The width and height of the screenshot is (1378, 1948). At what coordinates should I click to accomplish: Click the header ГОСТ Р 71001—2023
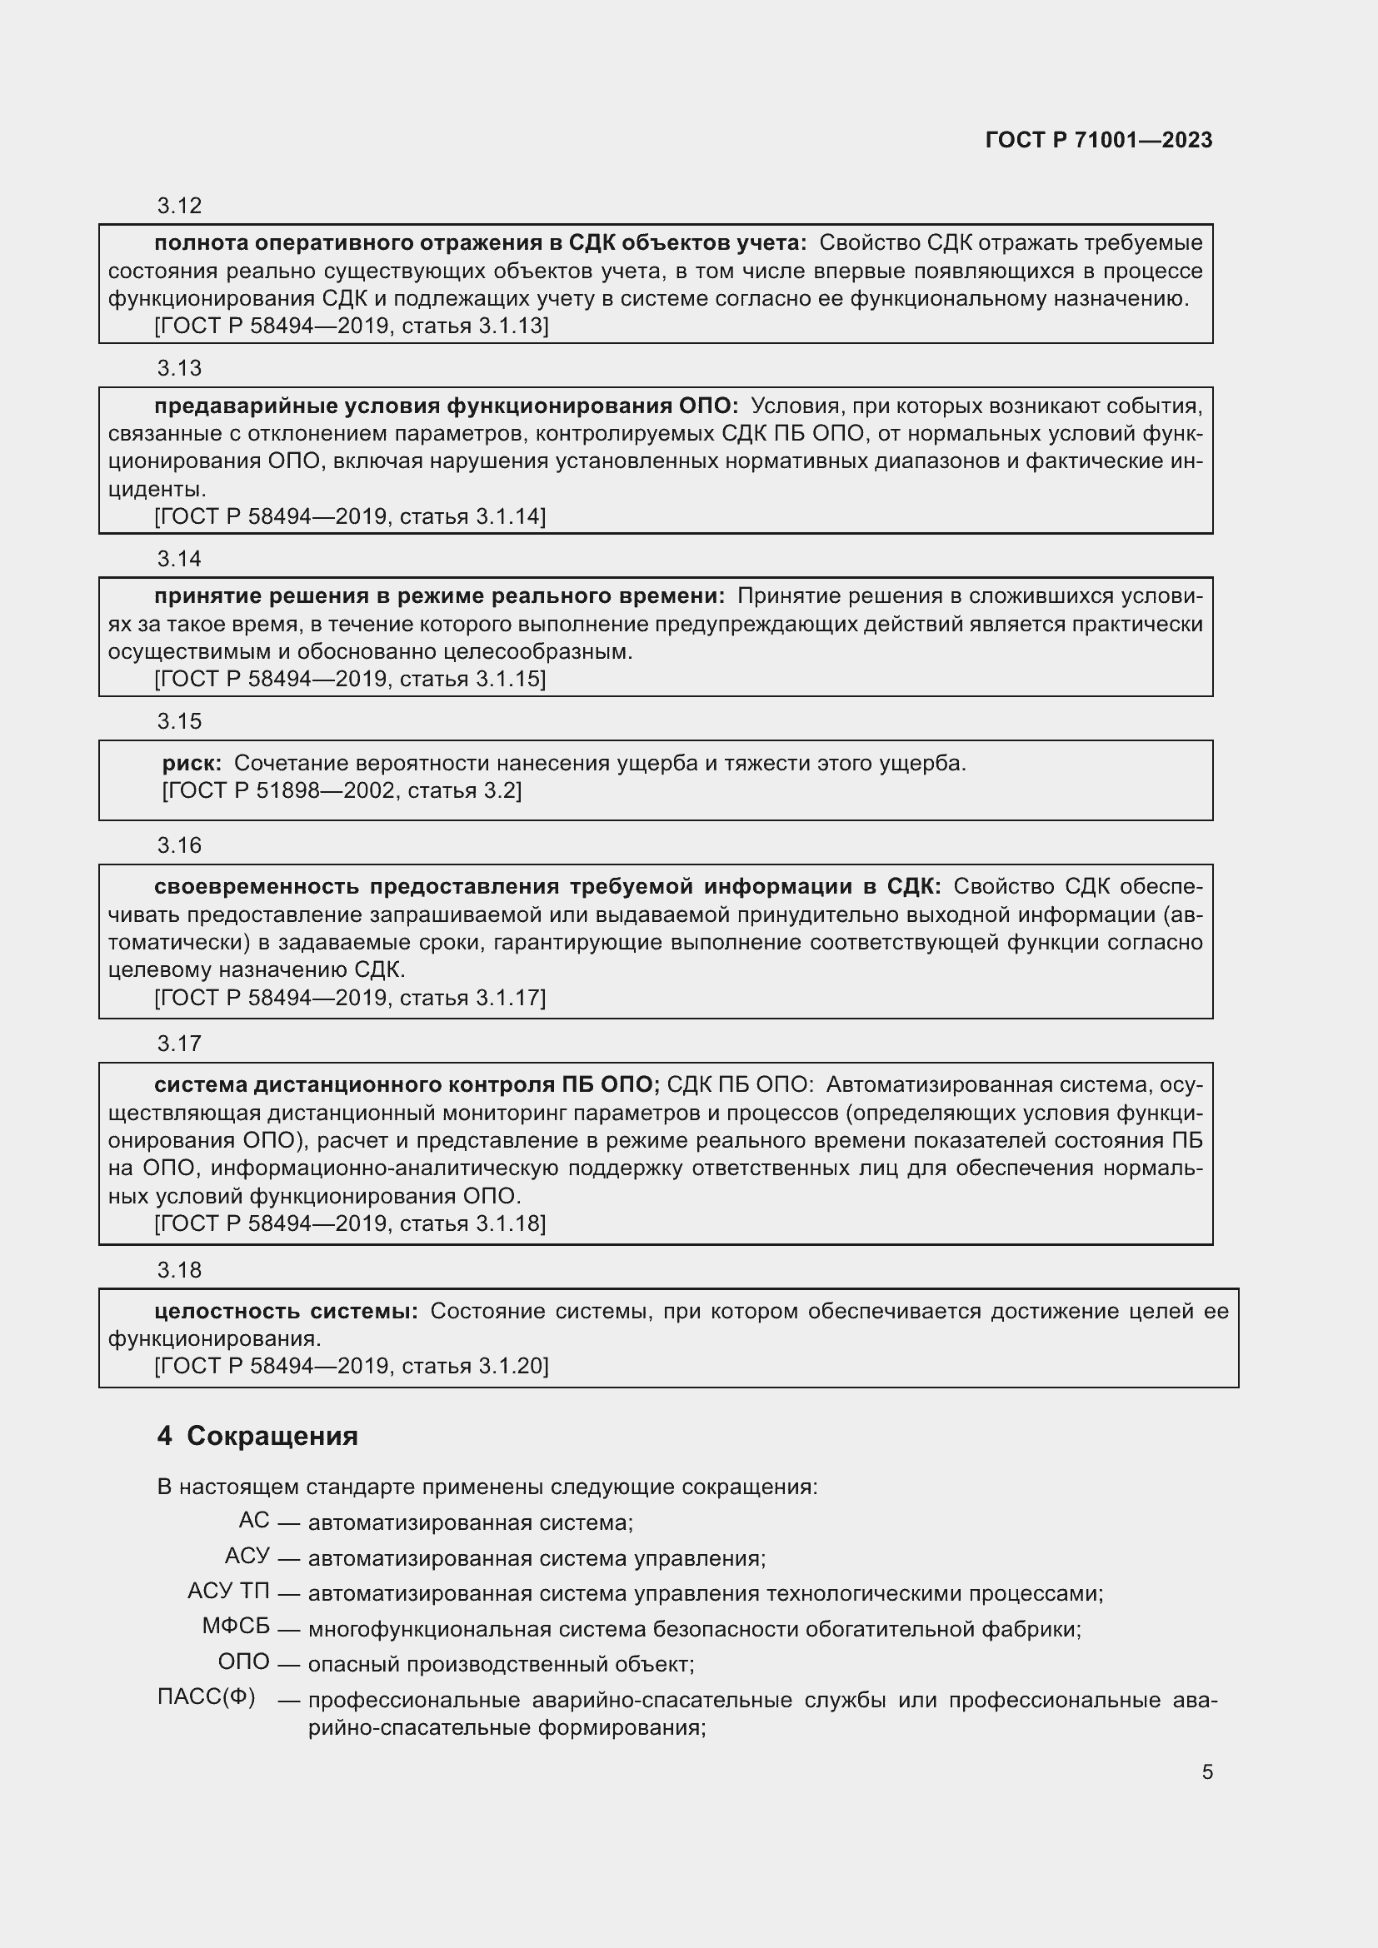pyautogui.click(x=1098, y=140)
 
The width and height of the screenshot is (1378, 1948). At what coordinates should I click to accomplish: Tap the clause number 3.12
pyautogui.click(x=179, y=206)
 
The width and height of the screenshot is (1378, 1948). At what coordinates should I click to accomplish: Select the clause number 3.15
pyautogui.click(x=179, y=721)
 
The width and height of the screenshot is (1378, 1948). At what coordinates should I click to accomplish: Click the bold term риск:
pyautogui.click(x=192, y=763)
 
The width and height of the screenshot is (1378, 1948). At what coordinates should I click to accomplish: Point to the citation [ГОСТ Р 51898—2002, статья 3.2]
pyautogui.click(x=341, y=790)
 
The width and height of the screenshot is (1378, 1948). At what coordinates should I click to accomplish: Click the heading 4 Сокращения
pyautogui.click(x=257, y=1436)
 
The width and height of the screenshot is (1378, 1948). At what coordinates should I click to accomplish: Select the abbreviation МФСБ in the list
pyautogui.click(x=235, y=1626)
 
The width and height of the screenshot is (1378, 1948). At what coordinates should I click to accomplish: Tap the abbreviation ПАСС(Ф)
pyautogui.click(x=206, y=1696)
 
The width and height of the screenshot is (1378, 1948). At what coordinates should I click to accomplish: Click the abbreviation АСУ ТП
pyautogui.click(x=227, y=1591)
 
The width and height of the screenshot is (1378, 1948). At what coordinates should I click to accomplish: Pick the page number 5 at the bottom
pyautogui.click(x=1206, y=1771)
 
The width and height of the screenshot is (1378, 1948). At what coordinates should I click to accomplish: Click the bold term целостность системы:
pyautogui.click(x=286, y=1311)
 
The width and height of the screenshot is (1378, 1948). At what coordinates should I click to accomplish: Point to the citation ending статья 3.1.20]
pyautogui.click(x=352, y=1365)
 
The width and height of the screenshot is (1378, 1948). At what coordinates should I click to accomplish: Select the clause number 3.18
pyautogui.click(x=179, y=1270)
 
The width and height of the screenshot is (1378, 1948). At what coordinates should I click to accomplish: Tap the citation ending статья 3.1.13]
pyautogui.click(x=352, y=326)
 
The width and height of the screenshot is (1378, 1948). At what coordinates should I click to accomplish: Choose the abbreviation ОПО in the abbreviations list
pyautogui.click(x=243, y=1662)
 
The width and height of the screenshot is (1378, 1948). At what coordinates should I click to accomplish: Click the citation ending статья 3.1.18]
pyautogui.click(x=350, y=1223)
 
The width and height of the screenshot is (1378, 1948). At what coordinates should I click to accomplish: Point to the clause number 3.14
pyautogui.click(x=179, y=558)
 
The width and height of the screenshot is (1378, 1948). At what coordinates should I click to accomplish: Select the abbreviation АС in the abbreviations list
pyautogui.click(x=254, y=1520)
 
